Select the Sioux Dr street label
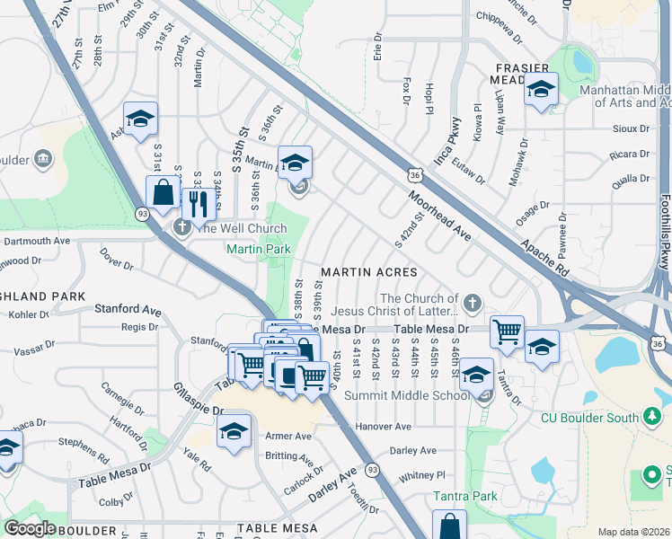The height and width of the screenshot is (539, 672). coord(630,128)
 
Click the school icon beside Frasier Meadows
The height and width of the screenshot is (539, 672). coord(541,90)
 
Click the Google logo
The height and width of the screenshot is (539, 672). coord(30,528)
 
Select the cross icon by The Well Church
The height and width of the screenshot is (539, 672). coord(181,226)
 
